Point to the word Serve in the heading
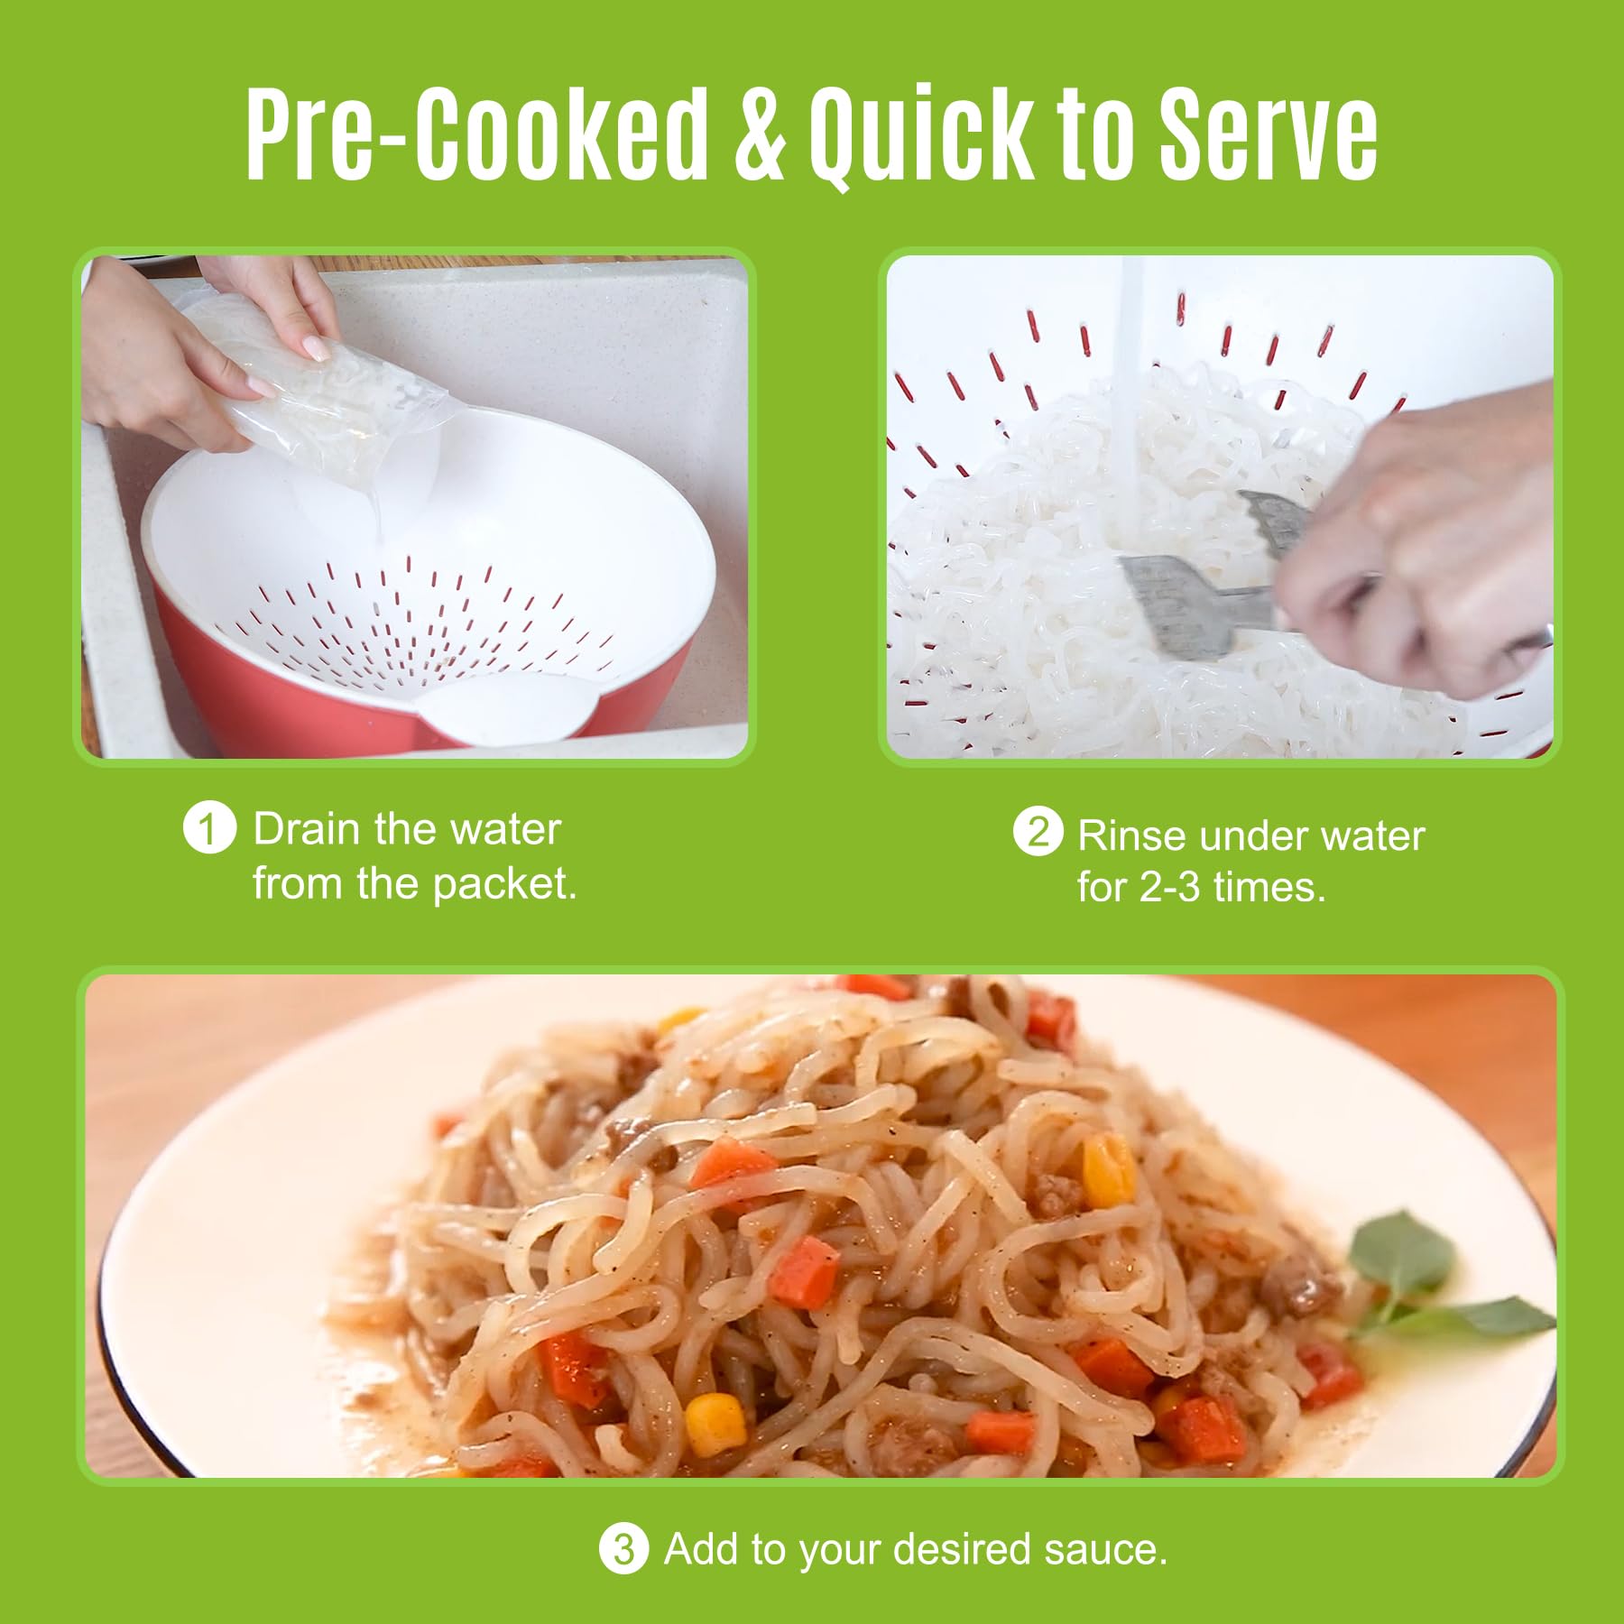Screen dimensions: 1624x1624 pyautogui.click(x=1268, y=135)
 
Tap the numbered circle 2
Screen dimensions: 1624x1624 pyautogui.click(x=1038, y=833)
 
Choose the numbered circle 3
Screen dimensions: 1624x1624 pyautogui.click(x=623, y=1549)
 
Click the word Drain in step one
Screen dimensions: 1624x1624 pyautogui.click(x=308, y=828)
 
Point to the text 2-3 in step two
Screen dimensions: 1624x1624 pyautogui.click(x=1170, y=889)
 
